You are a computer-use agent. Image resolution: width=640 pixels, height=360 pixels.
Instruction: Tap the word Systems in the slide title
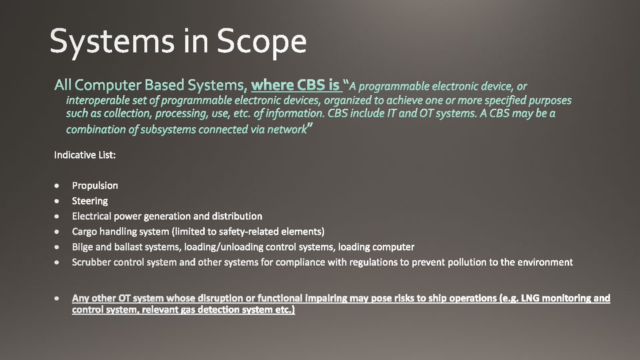click(x=112, y=42)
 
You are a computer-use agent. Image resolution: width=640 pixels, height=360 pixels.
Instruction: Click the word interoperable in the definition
click(x=98, y=100)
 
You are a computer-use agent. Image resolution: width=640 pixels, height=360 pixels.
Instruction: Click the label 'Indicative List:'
click(x=85, y=155)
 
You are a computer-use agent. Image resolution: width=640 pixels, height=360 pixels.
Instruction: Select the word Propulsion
click(x=95, y=186)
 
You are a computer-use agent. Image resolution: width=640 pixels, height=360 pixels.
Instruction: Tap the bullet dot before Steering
click(x=56, y=201)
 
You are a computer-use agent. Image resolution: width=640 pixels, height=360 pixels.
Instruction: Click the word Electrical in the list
click(x=92, y=216)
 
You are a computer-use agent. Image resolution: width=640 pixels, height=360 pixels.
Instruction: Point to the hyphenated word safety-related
click(x=248, y=232)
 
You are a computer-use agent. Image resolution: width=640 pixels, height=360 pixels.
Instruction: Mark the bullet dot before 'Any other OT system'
click(x=56, y=298)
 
